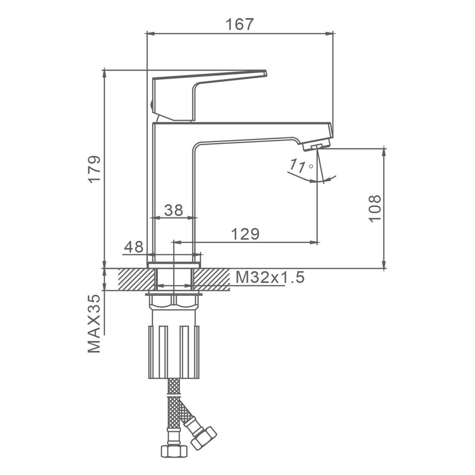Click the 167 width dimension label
[239, 24]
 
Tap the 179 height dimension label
[95, 169]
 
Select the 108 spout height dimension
[375, 209]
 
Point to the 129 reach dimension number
[245, 234]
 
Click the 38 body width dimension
[174, 210]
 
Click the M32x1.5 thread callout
[270, 277]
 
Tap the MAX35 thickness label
[94, 324]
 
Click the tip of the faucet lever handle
[266, 73]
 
